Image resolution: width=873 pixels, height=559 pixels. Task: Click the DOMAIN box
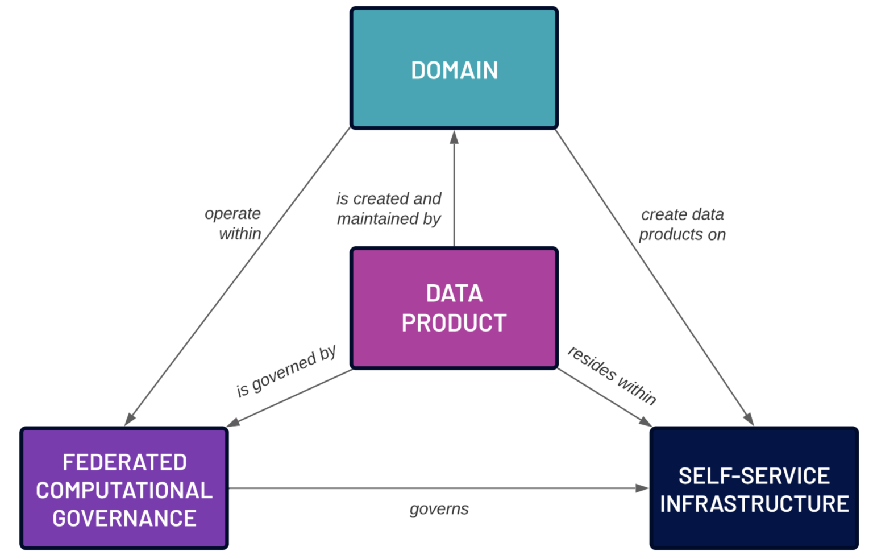click(454, 68)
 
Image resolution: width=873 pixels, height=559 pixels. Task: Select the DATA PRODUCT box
click(454, 308)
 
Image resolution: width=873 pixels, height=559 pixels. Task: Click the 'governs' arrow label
click(439, 509)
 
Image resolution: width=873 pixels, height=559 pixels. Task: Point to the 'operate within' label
click(234, 223)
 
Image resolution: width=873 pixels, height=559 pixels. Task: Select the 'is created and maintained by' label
click(389, 209)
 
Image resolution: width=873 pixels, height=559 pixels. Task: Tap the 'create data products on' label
click(682, 224)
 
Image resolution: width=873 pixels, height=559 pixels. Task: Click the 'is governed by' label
click(286, 371)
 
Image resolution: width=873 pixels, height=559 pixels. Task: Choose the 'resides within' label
click(612, 376)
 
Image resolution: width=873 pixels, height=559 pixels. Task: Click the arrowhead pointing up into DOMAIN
click(454, 137)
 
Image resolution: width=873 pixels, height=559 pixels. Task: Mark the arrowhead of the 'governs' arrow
click(642, 488)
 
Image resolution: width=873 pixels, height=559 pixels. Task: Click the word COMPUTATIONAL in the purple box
click(124, 490)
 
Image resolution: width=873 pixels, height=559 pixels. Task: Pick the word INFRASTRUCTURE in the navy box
click(754, 504)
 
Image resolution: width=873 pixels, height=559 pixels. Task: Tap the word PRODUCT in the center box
click(454, 323)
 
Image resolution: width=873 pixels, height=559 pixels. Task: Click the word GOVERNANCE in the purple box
click(124, 519)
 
